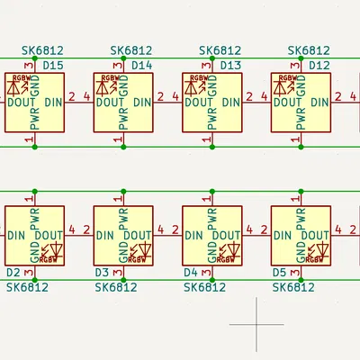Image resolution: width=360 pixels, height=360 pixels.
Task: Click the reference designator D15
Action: (53, 66)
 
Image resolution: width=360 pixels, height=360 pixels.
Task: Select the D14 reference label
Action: (141, 66)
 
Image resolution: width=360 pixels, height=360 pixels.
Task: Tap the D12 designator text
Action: (319, 66)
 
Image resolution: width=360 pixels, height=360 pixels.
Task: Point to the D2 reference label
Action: (13, 272)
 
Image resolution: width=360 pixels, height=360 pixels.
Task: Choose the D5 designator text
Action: (278, 272)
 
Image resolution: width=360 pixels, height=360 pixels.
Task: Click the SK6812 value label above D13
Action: (220, 51)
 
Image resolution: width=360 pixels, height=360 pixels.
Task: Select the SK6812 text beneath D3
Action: (116, 287)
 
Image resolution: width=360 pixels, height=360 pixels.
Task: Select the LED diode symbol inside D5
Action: (322, 248)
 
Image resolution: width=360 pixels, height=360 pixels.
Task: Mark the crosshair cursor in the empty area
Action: (256, 323)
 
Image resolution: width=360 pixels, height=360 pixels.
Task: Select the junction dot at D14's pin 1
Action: (123, 147)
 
